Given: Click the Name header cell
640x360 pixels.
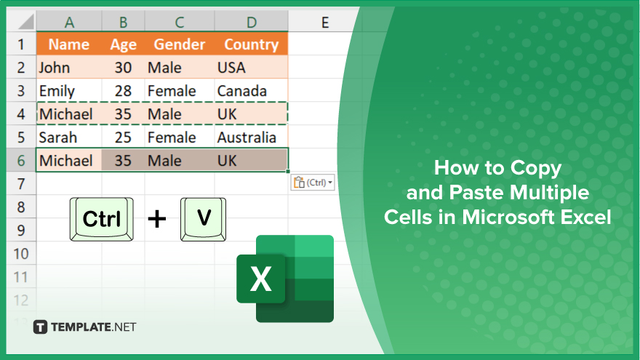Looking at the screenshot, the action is [69, 44].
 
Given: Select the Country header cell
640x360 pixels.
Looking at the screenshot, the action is [251, 44].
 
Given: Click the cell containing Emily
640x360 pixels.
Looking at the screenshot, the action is [69, 91].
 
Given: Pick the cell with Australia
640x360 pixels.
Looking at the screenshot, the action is [251, 137].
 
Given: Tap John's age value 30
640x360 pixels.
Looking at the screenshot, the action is [123, 68].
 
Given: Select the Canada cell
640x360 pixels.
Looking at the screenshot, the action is [251, 91].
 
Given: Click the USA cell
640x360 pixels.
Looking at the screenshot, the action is [251, 68].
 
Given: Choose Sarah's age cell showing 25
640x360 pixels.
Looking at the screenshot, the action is [123, 137].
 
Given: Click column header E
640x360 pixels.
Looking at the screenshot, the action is [324, 22].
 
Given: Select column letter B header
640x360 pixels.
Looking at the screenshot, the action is [123, 22].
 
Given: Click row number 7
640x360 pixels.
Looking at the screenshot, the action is [21, 184].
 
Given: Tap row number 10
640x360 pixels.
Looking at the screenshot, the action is [21, 254].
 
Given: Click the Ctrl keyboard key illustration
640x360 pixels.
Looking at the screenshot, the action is [102, 219].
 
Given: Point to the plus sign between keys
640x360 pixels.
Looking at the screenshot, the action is [157, 219].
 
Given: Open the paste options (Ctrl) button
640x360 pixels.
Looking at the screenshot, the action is [313, 183].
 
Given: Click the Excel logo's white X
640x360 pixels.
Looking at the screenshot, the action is [261, 279].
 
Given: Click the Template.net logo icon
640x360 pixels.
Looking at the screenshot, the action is [40, 327].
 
